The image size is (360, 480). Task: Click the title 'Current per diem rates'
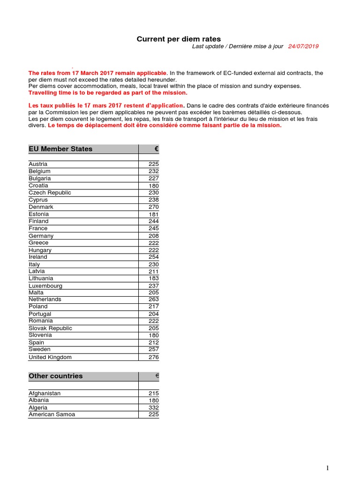pyautogui.click(x=179, y=39)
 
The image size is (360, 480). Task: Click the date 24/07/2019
pyautogui.click(x=303, y=46)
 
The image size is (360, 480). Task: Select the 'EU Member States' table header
pyautogui.click(x=60, y=149)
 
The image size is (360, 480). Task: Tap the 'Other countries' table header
pyautogui.click(x=55, y=376)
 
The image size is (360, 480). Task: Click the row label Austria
pyautogui.click(x=38, y=164)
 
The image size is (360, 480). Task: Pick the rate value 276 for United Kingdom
pyautogui.click(x=153, y=357)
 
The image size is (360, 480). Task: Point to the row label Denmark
pyautogui.click(x=41, y=207)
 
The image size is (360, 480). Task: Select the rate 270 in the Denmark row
pyautogui.click(x=153, y=207)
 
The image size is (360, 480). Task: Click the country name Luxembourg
pyautogui.click(x=45, y=285)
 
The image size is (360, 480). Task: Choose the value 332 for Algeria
pyautogui.click(x=153, y=407)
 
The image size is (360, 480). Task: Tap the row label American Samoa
pyautogui.click(x=52, y=414)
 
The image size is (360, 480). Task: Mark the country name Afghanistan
pyautogui.click(x=45, y=393)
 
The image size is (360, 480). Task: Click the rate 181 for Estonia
pyautogui.click(x=153, y=214)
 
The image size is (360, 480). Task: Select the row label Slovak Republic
pyautogui.click(x=50, y=328)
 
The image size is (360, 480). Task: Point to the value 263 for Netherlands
pyautogui.click(x=153, y=299)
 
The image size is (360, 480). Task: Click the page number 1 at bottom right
pyautogui.click(x=328, y=468)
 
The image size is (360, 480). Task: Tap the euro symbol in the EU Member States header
pyautogui.click(x=157, y=149)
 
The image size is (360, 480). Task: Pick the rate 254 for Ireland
pyautogui.click(x=153, y=257)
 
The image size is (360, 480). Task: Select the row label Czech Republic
pyautogui.click(x=50, y=193)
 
